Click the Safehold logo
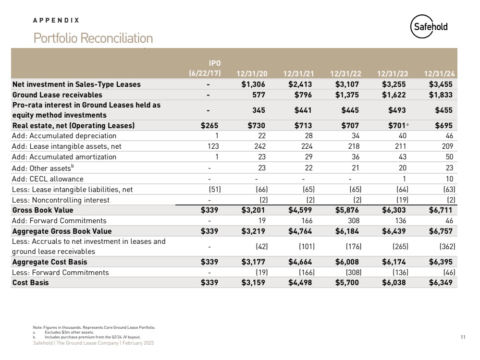(429, 27)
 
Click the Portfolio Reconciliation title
(93, 38)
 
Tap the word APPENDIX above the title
(56, 21)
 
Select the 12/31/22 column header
(346, 73)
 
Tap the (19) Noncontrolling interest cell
(398, 200)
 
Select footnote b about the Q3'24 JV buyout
(89, 337)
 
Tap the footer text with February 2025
(93, 343)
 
